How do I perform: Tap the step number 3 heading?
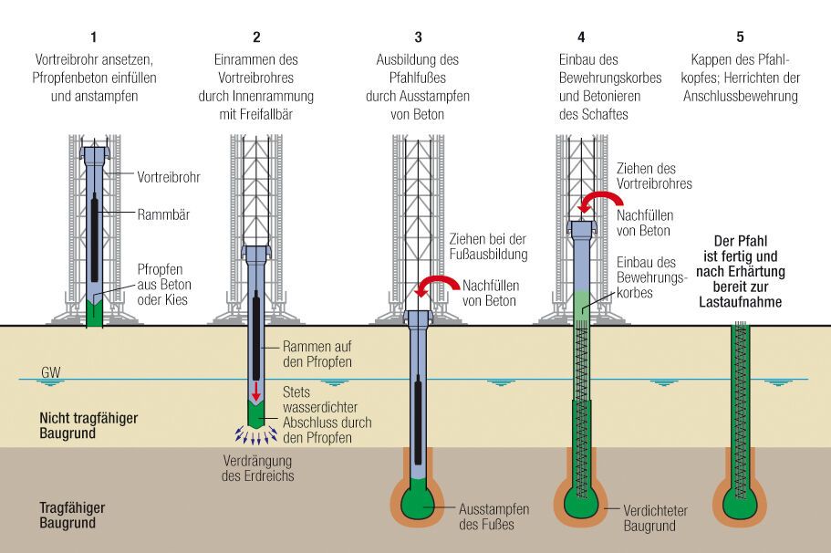pos(418,37)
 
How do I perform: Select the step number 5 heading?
pos(740,37)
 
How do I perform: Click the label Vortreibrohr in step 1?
pos(169,176)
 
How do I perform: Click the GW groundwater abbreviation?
pos(50,373)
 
